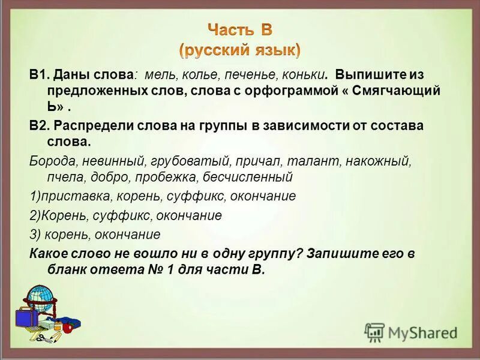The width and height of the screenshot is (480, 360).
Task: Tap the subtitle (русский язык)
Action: point(240,49)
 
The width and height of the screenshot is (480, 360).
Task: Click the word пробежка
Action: point(166,178)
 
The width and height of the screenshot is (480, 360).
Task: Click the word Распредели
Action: point(90,127)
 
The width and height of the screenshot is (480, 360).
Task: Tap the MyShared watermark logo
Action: point(411,332)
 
